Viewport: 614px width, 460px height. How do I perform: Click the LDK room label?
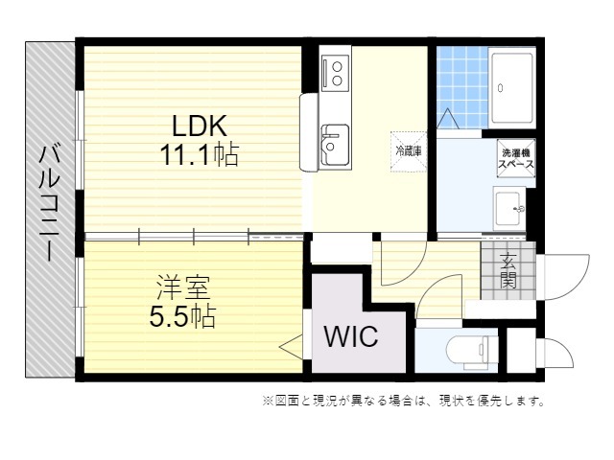(x=199, y=126)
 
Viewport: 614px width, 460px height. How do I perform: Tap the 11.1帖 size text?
(x=199, y=153)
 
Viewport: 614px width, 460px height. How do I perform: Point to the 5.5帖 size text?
(x=181, y=315)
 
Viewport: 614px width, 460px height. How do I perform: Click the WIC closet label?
(x=349, y=337)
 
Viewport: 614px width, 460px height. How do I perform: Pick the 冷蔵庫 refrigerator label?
(x=409, y=151)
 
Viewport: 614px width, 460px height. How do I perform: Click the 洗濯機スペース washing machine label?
(x=516, y=158)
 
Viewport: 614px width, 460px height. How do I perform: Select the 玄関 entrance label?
(x=508, y=271)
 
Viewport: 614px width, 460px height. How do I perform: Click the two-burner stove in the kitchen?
(x=337, y=72)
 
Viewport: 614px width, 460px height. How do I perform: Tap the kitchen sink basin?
(x=334, y=144)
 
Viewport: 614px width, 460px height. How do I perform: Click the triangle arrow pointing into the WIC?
(x=291, y=345)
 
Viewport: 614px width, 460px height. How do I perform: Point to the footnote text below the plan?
(x=402, y=401)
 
